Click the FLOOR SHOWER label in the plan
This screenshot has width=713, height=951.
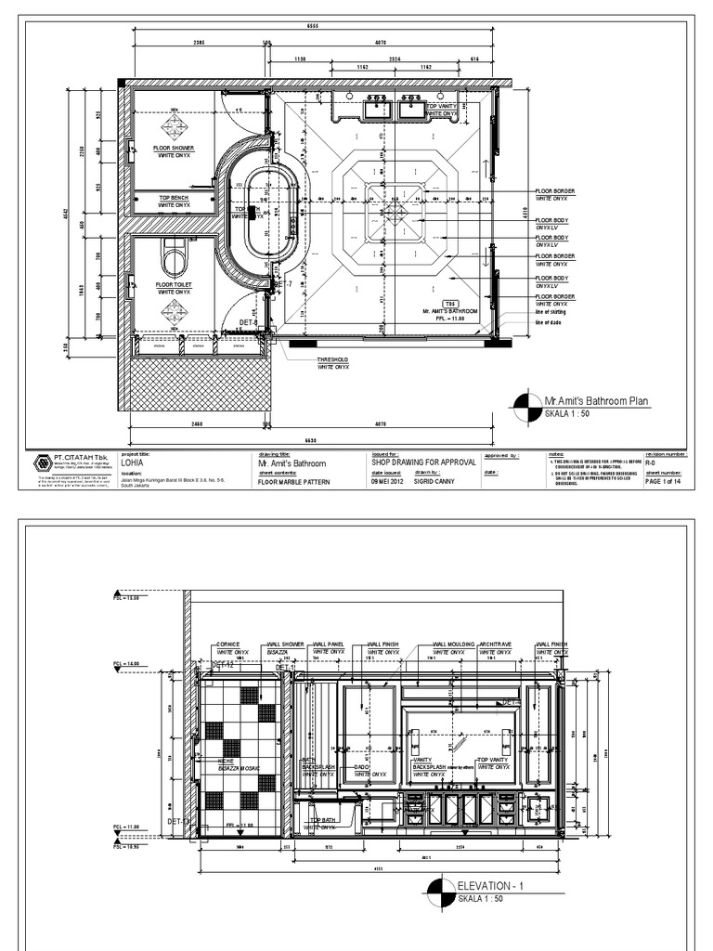click(174, 148)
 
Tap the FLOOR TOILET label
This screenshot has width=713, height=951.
click(173, 284)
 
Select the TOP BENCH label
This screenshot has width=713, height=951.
click(173, 198)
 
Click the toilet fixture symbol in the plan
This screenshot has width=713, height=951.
click(174, 255)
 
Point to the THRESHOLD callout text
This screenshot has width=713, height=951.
click(332, 359)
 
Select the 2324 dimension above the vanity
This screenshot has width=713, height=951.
click(395, 59)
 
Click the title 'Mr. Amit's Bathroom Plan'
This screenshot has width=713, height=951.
click(596, 401)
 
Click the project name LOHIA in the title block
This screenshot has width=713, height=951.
click(133, 462)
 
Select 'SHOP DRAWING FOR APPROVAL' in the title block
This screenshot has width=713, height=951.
click(424, 462)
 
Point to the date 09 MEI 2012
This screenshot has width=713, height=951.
click(387, 481)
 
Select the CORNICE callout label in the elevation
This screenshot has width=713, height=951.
click(228, 644)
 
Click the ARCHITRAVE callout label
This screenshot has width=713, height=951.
click(496, 644)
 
